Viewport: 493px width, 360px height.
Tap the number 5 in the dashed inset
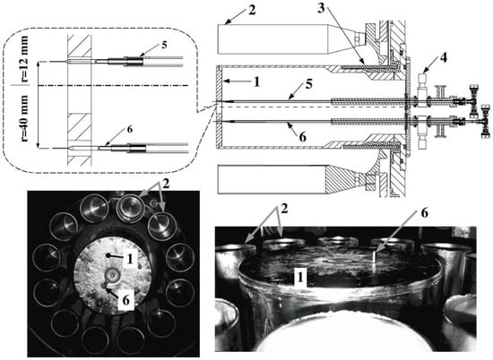pos(164,45)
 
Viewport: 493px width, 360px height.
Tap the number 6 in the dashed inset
pos(130,129)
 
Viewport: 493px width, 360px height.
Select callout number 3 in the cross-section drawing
pos(321,8)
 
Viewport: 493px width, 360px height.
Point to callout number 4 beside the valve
pos(443,58)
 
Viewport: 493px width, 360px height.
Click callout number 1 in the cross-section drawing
pos(257,82)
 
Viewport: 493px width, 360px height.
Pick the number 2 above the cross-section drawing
pos(252,10)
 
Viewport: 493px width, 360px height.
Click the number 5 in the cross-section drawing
pos(308,85)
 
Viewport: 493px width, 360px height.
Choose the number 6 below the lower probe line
pos(302,137)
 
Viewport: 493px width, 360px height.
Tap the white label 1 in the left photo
pos(130,259)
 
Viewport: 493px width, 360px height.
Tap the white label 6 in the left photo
pos(125,300)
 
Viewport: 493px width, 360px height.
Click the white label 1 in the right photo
pos(301,277)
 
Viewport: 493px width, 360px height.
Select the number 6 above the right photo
pos(424,213)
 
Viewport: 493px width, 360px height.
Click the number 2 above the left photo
pos(166,184)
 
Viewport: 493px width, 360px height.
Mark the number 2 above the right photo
pos(284,210)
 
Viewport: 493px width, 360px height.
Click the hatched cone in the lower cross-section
pos(341,178)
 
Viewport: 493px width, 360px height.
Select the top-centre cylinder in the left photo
pos(131,208)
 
